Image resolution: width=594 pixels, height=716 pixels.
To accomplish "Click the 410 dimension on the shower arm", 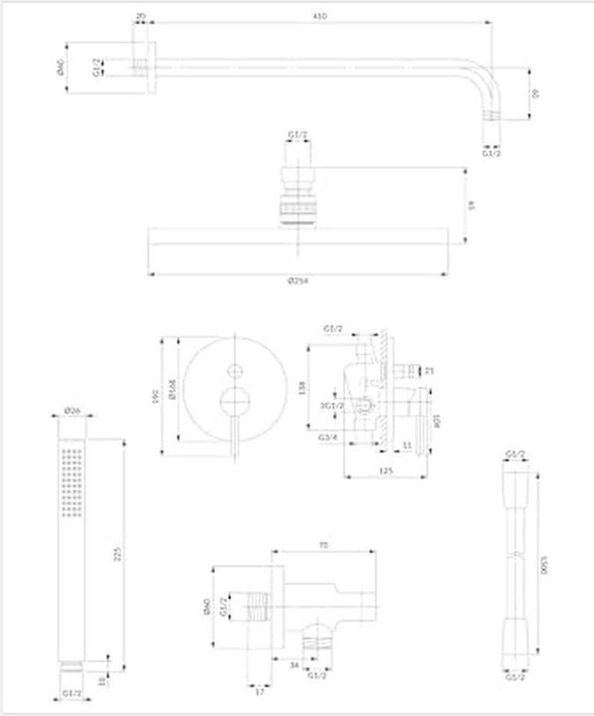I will click(318, 17).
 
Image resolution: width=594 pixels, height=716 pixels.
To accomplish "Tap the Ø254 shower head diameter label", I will click(297, 281).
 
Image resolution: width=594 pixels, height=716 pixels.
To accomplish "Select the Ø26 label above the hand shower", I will click(72, 410).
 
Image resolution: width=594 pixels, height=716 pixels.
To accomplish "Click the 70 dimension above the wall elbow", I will click(325, 545).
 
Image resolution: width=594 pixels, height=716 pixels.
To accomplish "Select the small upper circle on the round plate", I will click(234, 372).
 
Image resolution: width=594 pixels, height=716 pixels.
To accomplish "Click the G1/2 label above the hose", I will click(514, 454).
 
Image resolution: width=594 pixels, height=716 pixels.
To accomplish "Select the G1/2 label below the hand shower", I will click(72, 693).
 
